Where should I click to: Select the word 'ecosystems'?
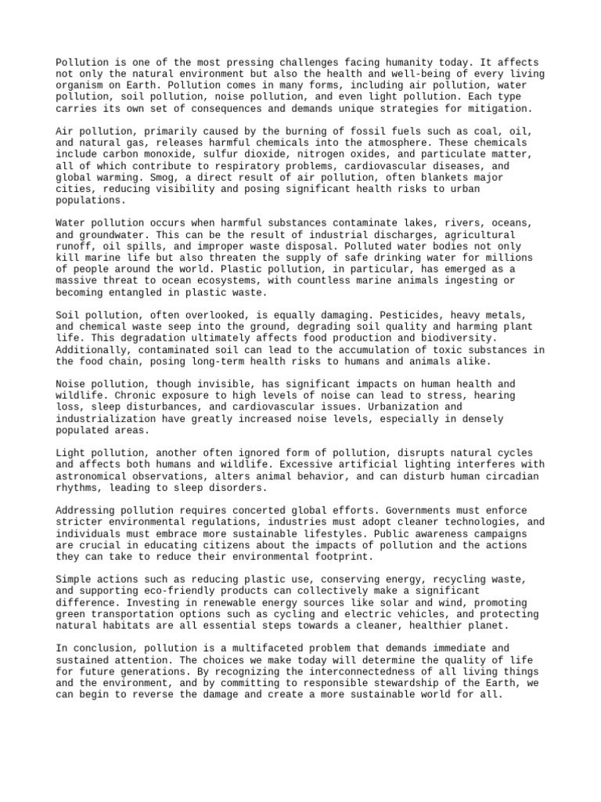220,281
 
